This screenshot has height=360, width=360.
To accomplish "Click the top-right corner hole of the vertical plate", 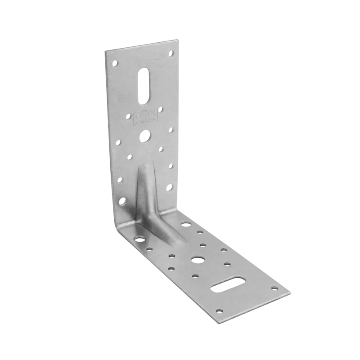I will click(x=171, y=54).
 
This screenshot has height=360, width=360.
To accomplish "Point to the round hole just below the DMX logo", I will click(x=146, y=135).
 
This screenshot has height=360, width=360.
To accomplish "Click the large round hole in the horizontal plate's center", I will click(x=197, y=259).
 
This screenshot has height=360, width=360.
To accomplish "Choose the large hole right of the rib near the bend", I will click(x=184, y=223).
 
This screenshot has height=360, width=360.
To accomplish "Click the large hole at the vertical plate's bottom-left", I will click(x=123, y=199).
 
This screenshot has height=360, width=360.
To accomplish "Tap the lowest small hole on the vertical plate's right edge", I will click(x=171, y=185).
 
